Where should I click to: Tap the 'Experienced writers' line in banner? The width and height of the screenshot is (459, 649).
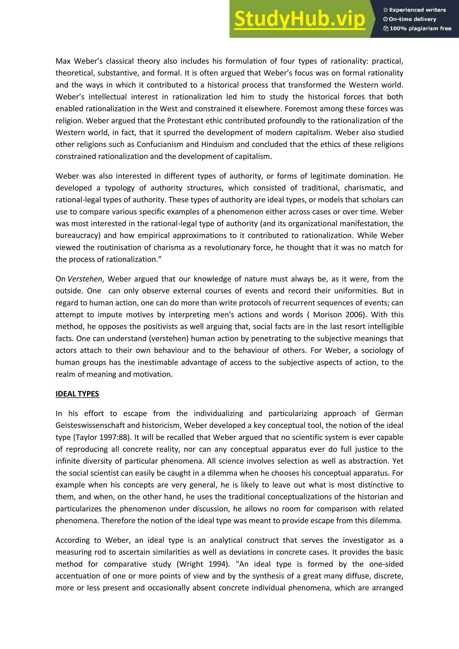pyautogui.click(x=414, y=10)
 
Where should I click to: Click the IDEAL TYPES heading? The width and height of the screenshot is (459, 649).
pyautogui.click(x=77, y=394)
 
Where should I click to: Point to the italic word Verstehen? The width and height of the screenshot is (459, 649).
pyautogui.click(x=85, y=279)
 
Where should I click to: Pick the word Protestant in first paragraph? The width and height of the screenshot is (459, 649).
pyautogui.click(x=185, y=121)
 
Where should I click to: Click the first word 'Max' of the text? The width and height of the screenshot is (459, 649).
pyautogui.click(x=63, y=61)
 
